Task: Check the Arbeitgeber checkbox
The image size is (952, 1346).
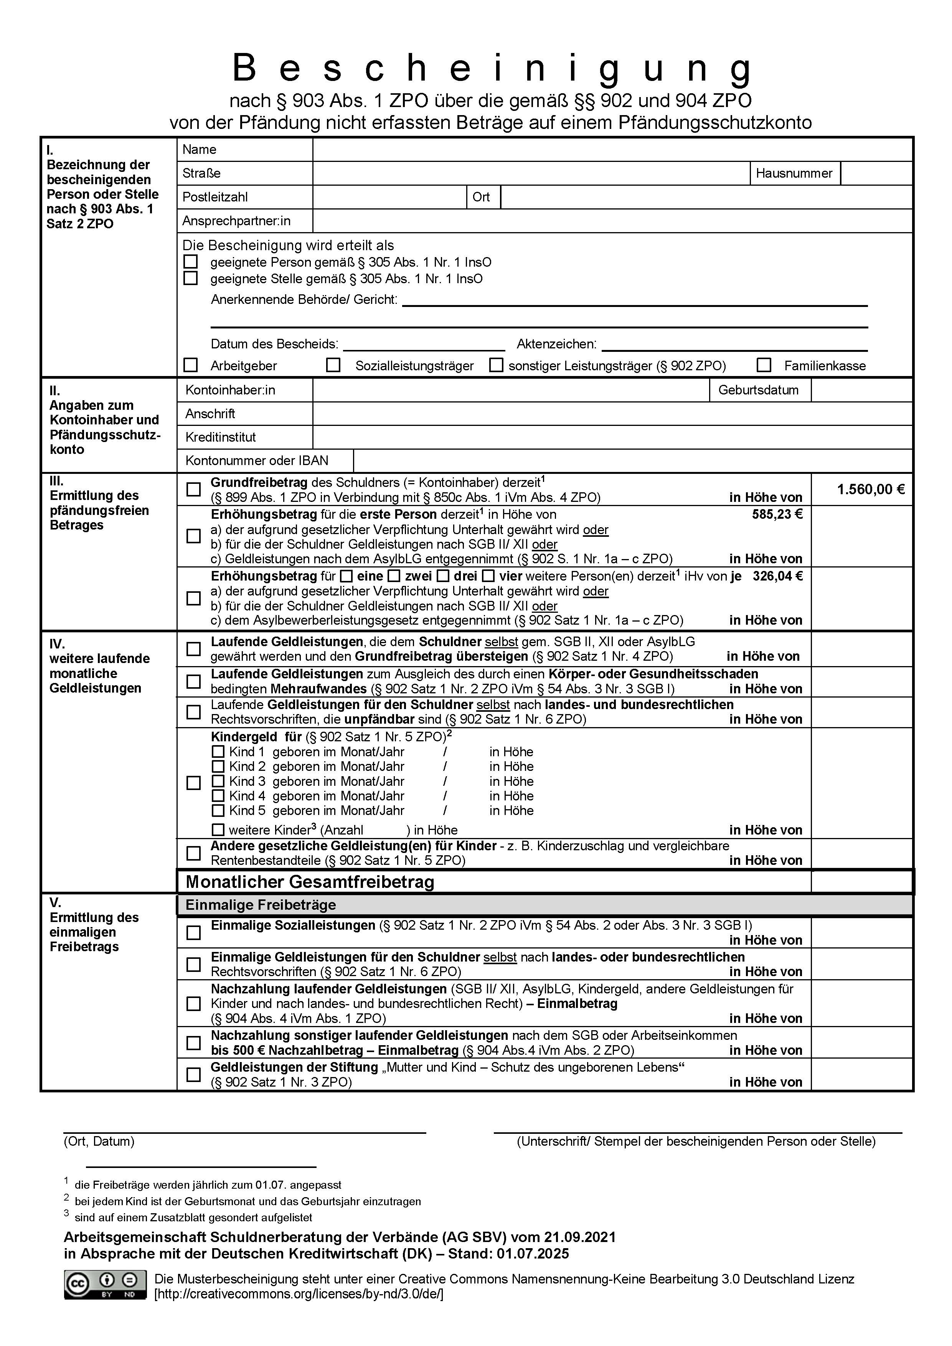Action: tap(191, 365)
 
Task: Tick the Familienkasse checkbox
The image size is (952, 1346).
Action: tap(764, 365)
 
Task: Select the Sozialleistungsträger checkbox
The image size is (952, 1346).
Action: tap(333, 365)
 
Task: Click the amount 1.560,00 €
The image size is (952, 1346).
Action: tap(871, 490)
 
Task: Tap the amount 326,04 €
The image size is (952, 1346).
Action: tap(777, 576)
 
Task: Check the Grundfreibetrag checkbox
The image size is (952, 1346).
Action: tap(193, 490)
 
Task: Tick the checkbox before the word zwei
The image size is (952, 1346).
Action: tap(394, 576)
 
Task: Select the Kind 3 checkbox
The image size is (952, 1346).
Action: tap(218, 782)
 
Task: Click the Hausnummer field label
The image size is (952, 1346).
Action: tap(794, 173)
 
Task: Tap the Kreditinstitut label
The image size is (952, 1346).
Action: tap(220, 437)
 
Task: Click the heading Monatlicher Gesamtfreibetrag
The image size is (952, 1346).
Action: tap(310, 882)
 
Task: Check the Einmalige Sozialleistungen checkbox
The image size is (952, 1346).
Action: tap(193, 933)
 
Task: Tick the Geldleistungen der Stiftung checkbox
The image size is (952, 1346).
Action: tap(193, 1075)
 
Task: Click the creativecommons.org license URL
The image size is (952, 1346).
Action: tap(299, 1294)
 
